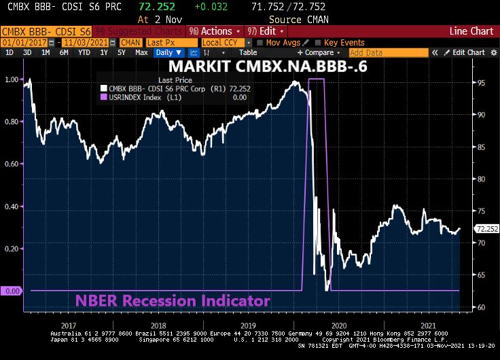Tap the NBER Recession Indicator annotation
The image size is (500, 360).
pyautogui.click(x=173, y=301)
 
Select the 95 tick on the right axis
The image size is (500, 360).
pyautogui.click(x=480, y=83)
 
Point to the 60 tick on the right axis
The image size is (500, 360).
pyautogui.click(x=480, y=307)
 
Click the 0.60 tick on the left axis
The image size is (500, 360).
pyautogui.click(x=11, y=164)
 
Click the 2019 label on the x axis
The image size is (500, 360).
pyautogui.click(x=247, y=325)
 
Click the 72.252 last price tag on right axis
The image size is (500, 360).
pyautogui.click(x=487, y=229)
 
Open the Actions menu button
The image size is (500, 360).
pyautogui.click(x=215, y=31)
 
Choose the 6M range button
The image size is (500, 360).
pyautogui.click(x=64, y=52)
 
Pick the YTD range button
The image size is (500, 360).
pyautogui.click(x=84, y=52)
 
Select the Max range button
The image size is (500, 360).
pyautogui.click(x=141, y=52)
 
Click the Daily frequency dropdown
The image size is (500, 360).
pyautogui.click(x=166, y=52)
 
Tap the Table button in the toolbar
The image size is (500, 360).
pyautogui.click(x=248, y=52)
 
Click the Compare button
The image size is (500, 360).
pyautogui.click(x=318, y=52)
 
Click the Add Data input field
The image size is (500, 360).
pyautogui.click(x=388, y=52)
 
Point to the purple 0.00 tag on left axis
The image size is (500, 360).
pyautogui.click(x=12, y=291)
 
